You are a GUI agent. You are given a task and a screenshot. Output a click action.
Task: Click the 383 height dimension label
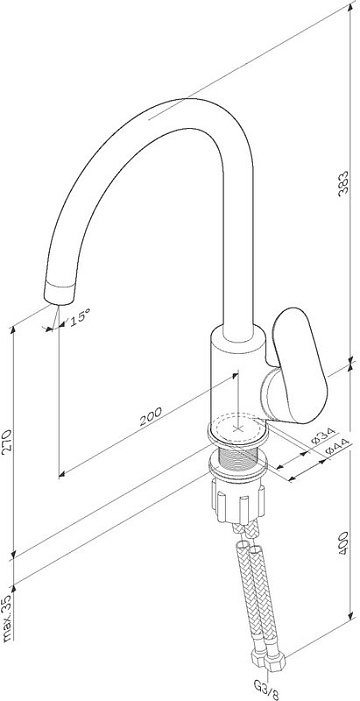343,183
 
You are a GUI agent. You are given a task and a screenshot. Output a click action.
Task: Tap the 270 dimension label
7,442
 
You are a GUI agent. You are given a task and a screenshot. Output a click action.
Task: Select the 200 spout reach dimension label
151,417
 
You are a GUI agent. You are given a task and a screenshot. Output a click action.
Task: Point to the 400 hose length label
343,543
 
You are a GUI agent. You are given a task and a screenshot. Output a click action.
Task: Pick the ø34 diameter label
323,436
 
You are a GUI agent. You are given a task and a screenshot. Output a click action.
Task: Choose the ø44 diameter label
336,449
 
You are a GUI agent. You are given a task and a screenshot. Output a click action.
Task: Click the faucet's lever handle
299,366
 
